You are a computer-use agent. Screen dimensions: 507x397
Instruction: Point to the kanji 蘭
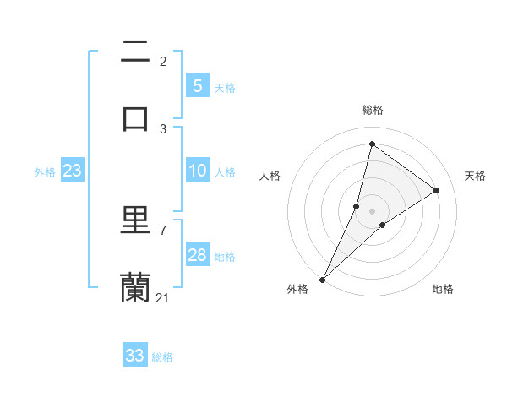coord(135,286)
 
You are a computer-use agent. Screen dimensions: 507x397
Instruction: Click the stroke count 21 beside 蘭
coord(162,297)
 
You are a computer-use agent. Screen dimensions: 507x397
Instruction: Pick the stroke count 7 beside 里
coord(162,230)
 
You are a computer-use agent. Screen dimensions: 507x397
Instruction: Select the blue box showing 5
coord(197,85)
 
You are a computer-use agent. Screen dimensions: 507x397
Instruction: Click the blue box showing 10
coord(197,171)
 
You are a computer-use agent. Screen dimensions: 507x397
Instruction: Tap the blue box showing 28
coord(197,255)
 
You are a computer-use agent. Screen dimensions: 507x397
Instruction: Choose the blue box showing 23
coord(72,171)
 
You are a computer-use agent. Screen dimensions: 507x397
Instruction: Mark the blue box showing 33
coord(135,356)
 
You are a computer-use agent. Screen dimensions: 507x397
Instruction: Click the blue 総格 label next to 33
coord(162,357)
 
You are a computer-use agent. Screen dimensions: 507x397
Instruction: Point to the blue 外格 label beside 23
coord(45,172)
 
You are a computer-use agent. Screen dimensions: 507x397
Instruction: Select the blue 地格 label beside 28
coord(225,257)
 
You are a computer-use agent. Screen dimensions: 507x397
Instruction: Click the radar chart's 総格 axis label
coord(373,110)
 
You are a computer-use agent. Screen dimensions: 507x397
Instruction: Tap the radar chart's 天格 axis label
coord(475,176)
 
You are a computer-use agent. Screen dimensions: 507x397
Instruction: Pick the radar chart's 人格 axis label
coord(270,176)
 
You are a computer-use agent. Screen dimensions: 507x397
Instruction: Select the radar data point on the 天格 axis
coord(437,190)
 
